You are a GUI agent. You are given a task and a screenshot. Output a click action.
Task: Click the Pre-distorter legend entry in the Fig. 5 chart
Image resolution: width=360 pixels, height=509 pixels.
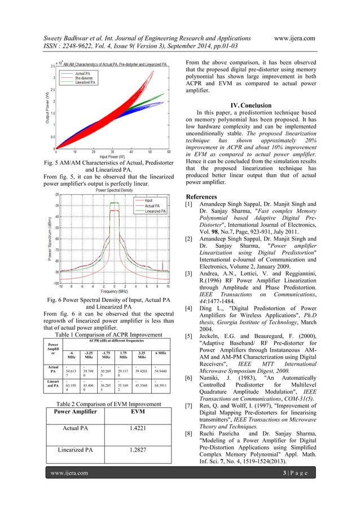[x=85, y=78]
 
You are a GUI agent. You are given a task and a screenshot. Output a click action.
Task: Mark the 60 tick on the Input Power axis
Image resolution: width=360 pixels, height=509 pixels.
[x=169, y=152]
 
